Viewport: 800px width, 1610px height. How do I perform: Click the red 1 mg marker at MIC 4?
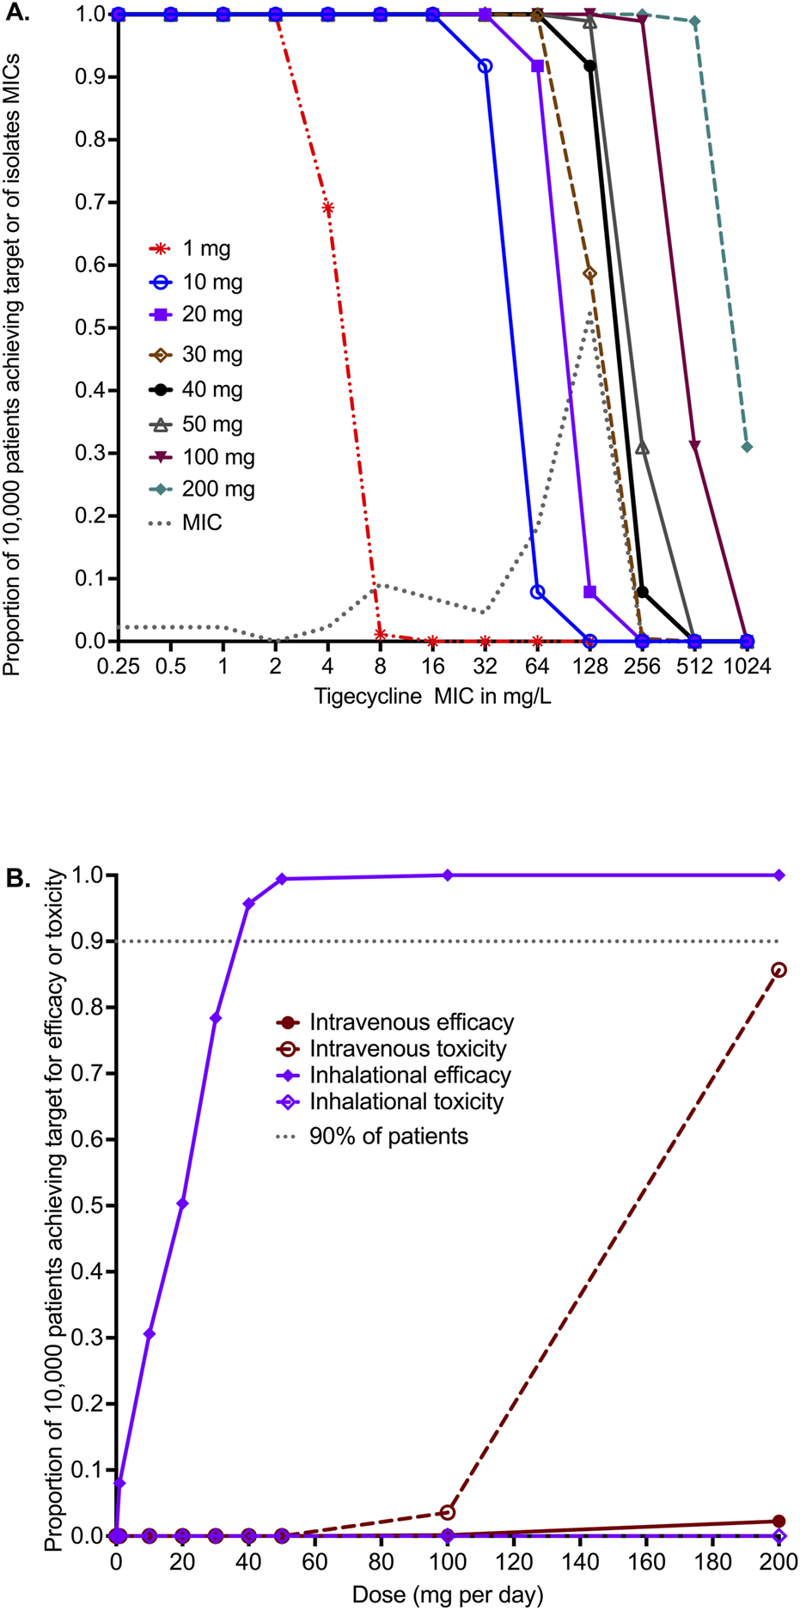click(x=327, y=207)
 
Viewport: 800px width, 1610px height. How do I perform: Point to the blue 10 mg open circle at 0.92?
click(x=485, y=65)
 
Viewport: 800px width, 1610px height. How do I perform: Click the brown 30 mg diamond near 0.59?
click(x=589, y=273)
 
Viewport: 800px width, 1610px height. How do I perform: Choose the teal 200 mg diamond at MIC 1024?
click(x=747, y=447)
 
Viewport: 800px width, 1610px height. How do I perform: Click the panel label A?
click(x=17, y=12)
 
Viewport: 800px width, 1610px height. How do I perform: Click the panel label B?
click(x=17, y=877)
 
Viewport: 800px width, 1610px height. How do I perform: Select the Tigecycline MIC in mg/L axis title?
click(x=432, y=696)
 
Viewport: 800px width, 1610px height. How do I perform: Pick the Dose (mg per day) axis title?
click(x=448, y=1595)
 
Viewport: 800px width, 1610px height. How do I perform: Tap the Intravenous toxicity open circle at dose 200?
click(x=779, y=970)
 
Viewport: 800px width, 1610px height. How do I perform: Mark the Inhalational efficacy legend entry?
click(x=410, y=1075)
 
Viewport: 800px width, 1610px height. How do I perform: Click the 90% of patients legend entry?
click(x=388, y=1136)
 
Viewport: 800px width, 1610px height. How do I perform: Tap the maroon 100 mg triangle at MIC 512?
click(x=694, y=445)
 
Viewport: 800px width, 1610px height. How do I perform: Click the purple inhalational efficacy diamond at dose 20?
click(x=182, y=1204)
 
